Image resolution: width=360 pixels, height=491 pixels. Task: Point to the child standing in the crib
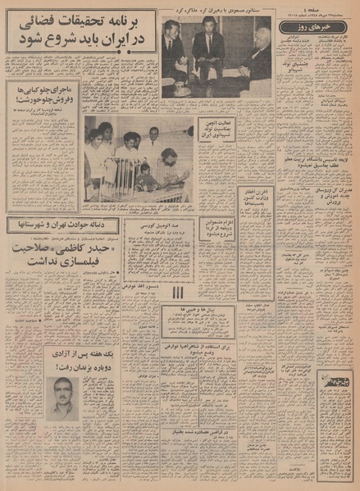144,175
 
